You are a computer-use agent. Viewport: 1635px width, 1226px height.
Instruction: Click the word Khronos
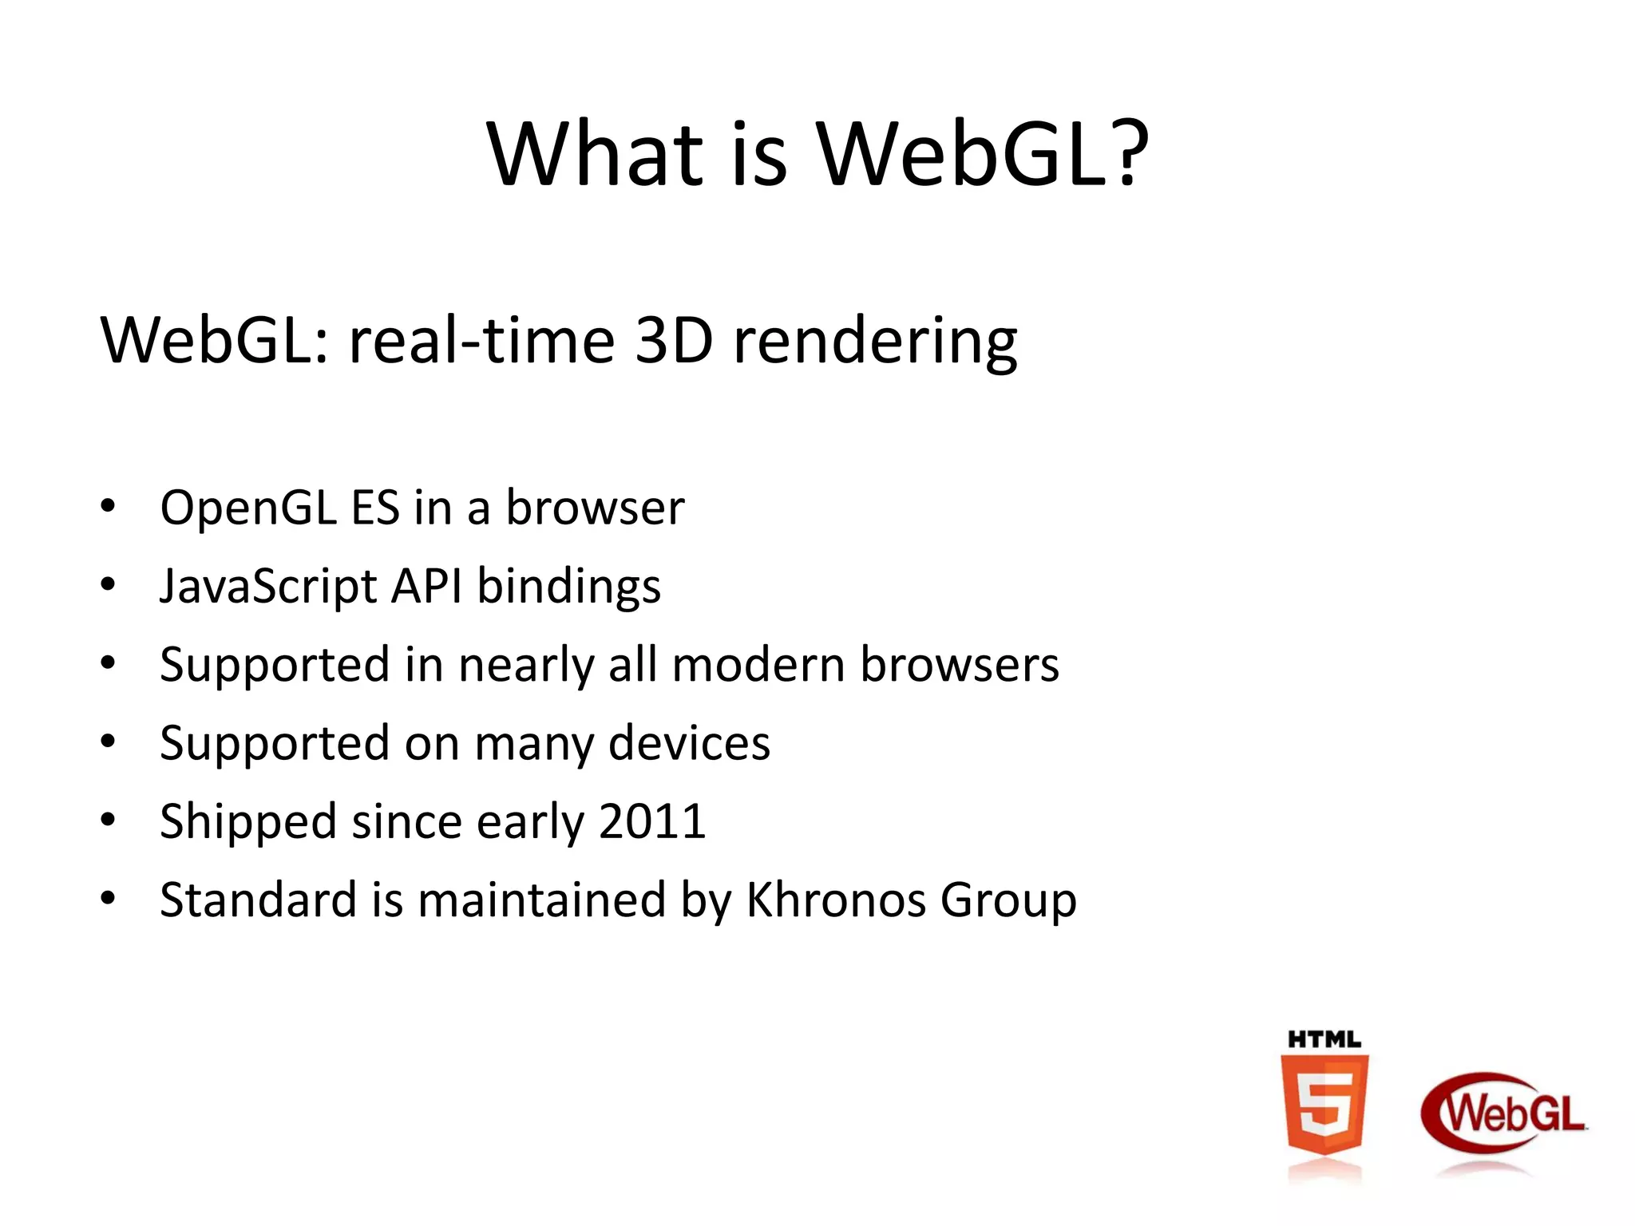[835, 900]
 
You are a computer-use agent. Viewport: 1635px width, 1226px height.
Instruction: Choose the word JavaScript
[268, 587]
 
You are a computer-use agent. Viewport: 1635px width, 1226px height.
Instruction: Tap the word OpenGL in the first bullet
[247, 508]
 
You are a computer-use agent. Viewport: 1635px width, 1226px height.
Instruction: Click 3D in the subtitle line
[674, 341]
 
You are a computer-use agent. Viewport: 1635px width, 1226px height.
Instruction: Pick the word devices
[689, 743]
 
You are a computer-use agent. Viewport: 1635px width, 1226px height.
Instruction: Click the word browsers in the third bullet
[959, 665]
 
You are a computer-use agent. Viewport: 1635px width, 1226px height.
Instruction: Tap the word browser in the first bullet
[595, 508]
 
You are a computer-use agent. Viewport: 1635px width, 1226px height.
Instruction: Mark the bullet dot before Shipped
[108, 820]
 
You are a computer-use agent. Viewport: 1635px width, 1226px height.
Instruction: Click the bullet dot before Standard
[108, 898]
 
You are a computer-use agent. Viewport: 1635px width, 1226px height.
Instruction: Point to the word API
[426, 587]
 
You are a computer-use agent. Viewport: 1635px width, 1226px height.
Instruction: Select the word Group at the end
[1008, 901]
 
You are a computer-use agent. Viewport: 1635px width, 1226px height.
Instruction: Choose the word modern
[758, 665]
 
